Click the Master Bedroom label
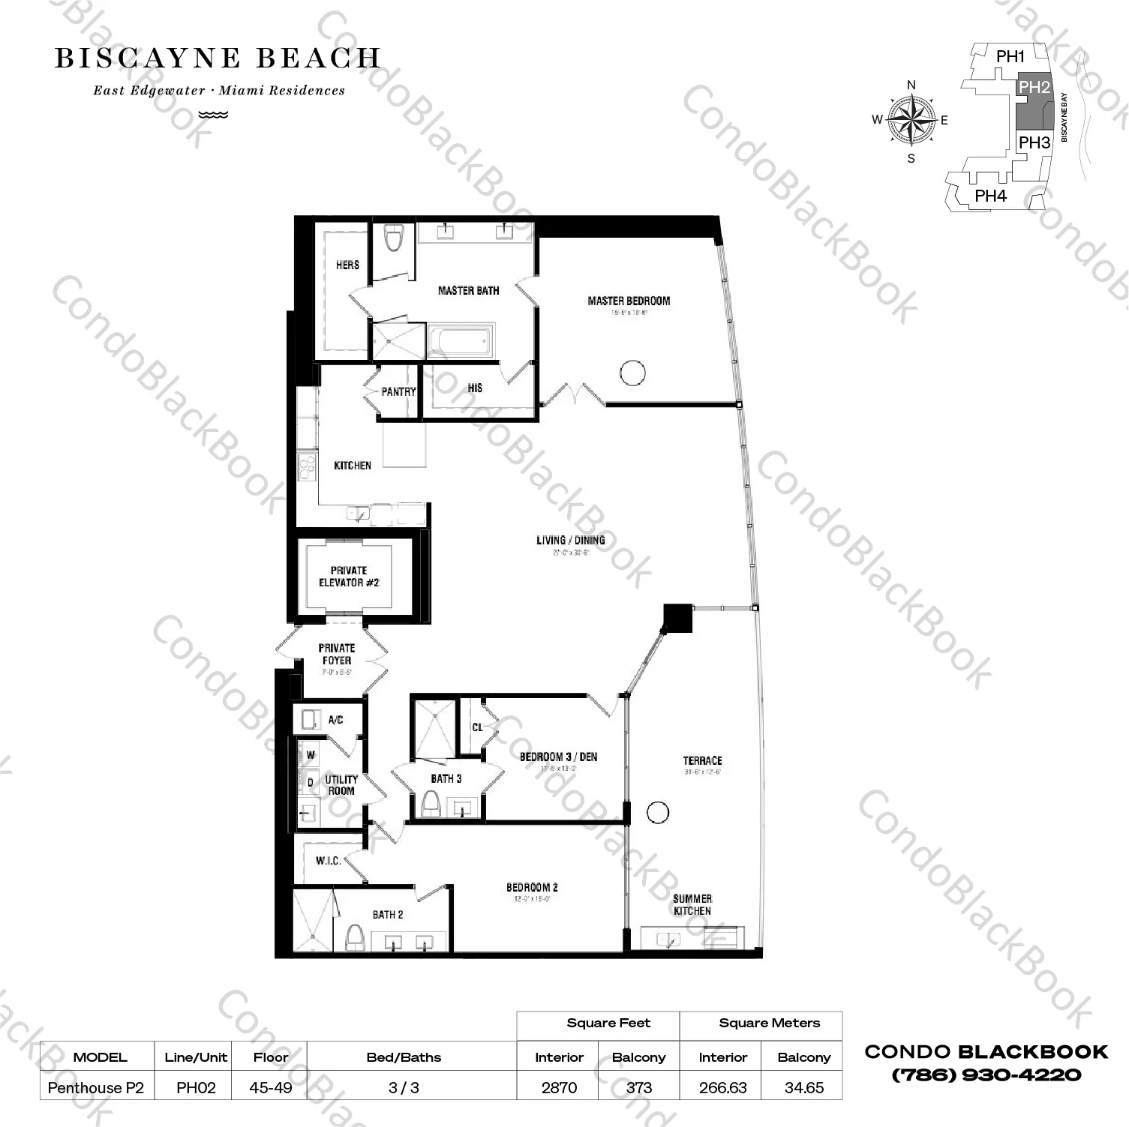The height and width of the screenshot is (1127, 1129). tap(629, 301)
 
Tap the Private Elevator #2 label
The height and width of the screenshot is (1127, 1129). tap(349, 577)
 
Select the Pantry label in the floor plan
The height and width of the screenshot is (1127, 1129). tap(398, 391)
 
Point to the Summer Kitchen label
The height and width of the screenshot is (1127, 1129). tap(692, 904)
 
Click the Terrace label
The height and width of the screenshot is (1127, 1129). tap(702, 760)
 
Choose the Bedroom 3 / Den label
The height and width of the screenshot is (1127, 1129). tap(558, 757)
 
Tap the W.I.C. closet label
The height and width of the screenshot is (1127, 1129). tap(328, 861)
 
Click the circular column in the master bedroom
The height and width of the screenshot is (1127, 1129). tap(632, 373)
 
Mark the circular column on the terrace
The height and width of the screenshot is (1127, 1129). tap(658, 812)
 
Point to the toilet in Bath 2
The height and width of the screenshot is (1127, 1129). tap(355, 937)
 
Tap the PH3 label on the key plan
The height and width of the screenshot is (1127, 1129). tap(1034, 142)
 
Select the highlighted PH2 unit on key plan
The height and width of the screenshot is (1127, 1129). tap(1034, 105)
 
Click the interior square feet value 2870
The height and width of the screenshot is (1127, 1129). tap(559, 1087)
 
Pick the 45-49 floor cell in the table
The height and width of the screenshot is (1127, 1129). tap(270, 1087)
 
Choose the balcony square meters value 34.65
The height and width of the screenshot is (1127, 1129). tap(803, 1087)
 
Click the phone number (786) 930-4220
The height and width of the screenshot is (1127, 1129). tap(986, 1075)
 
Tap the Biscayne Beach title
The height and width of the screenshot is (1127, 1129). tap(218, 58)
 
